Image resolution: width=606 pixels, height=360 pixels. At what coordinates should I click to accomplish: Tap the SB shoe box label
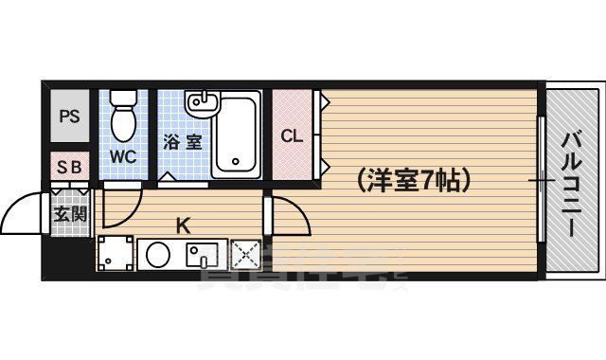(x=69, y=167)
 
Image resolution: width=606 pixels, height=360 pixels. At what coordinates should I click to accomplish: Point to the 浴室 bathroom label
(x=182, y=143)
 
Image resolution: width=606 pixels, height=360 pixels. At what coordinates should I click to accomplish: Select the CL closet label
(x=292, y=135)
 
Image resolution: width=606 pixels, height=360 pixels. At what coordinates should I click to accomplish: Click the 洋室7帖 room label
(x=414, y=178)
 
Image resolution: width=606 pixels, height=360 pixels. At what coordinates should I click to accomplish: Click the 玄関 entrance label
(x=69, y=213)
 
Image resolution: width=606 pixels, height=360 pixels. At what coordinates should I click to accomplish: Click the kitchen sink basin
(x=203, y=254)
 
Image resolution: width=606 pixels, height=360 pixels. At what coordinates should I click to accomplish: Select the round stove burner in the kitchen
(x=158, y=254)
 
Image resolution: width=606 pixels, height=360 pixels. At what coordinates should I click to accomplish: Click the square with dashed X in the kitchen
(x=246, y=254)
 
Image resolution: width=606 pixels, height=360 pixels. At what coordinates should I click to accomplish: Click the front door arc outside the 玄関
(x=24, y=216)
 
